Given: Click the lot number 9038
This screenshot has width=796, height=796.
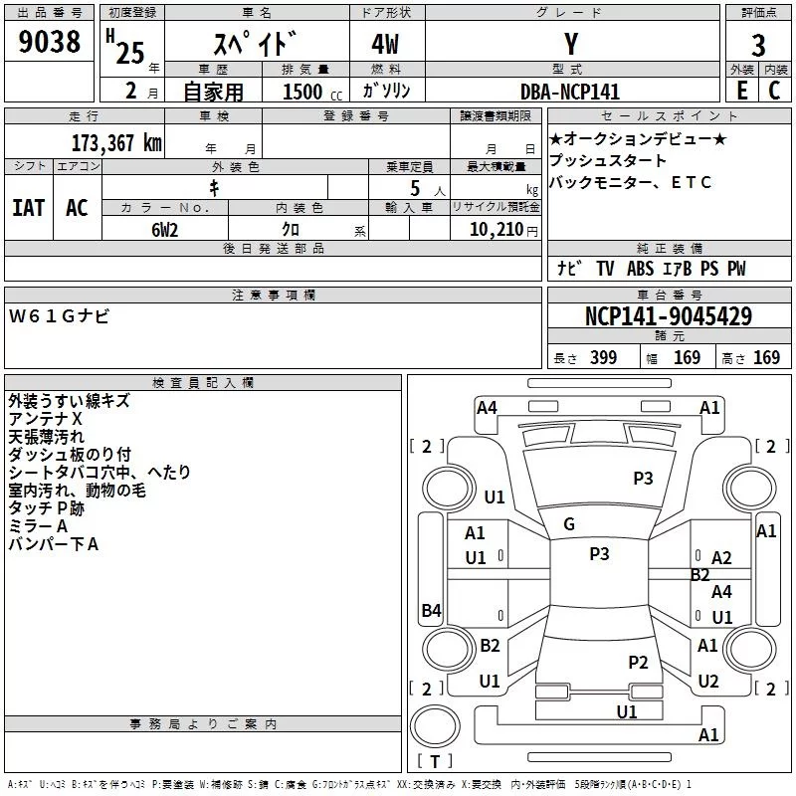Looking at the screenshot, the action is (50, 41).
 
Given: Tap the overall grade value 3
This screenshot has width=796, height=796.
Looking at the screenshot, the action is (758, 45).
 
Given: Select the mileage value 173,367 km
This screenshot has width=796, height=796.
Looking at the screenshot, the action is (116, 143).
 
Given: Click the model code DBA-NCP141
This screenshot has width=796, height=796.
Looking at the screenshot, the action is (570, 92).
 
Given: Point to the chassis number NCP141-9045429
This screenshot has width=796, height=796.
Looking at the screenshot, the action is (669, 315).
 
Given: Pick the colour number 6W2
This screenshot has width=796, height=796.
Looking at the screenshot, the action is (165, 230).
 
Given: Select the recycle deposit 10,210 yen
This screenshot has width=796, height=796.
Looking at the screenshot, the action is (503, 230).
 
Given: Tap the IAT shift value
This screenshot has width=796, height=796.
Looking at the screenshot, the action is (29, 208).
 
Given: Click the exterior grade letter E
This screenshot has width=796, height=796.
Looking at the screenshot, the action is (742, 91).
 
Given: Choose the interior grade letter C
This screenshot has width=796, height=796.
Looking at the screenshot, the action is (774, 91).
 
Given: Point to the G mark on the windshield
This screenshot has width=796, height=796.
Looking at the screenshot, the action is (569, 524).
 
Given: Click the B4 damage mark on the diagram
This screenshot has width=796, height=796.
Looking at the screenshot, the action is (432, 610).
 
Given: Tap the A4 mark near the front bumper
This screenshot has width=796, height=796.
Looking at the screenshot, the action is (487, 408).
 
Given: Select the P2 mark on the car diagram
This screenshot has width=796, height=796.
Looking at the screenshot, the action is (638, 662).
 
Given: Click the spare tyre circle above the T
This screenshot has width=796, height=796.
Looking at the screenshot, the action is (435, 726).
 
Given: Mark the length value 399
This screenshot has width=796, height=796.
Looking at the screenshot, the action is (603, 357).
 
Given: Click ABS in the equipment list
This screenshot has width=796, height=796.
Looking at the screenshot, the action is (640, 269).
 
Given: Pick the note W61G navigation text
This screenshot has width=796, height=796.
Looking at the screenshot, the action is (59, 316).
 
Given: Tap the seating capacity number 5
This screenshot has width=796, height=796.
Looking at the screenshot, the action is (415, 188).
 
